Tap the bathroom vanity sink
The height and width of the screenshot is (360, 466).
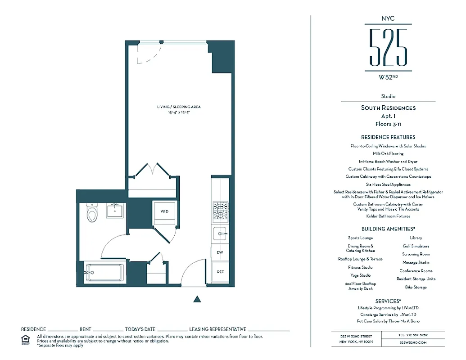pos(116,210)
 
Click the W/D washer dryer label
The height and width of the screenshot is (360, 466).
pos(164,211)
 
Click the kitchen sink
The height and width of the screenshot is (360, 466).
pos(221,234)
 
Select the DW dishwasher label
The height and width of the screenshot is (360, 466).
pos(220,252)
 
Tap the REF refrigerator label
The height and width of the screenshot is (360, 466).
pos(220,272)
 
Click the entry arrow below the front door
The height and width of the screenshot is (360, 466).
pos(196,298)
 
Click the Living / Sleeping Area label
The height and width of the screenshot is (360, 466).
pos(179,107)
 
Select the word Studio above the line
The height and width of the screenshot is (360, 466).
pos(388,96)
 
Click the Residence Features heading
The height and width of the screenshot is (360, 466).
pos(388,137)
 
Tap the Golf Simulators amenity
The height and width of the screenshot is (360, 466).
pos(416,246)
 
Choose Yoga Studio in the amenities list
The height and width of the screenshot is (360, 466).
pos(361,275)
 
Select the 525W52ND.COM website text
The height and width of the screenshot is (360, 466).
pos(413,342)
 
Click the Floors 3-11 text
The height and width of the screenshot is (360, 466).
pos(388,123)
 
